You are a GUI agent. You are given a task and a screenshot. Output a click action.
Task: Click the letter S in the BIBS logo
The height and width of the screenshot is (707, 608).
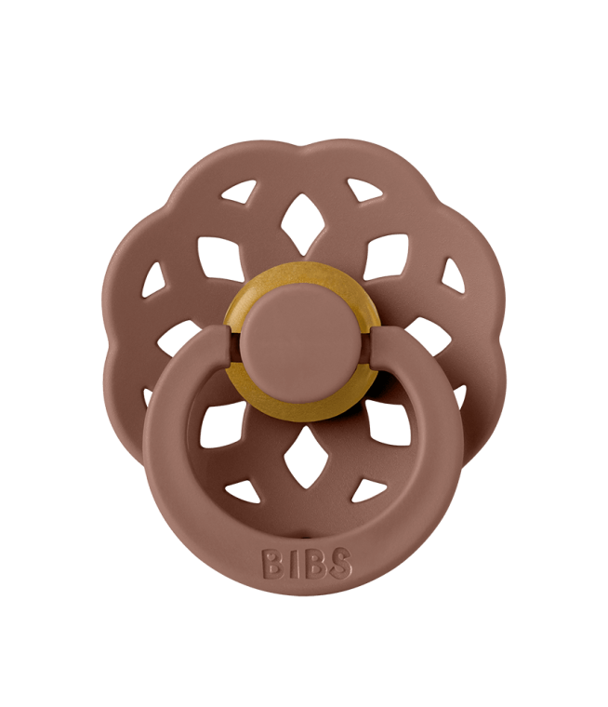coord(341,564)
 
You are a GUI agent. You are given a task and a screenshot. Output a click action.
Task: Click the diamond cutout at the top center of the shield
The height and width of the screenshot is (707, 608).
coord(302,224)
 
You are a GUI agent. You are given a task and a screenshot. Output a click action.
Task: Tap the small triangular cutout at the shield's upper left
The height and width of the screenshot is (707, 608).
coord(238,192)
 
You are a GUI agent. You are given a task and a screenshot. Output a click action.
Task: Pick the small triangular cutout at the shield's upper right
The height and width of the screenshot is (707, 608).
coord(365,190)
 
